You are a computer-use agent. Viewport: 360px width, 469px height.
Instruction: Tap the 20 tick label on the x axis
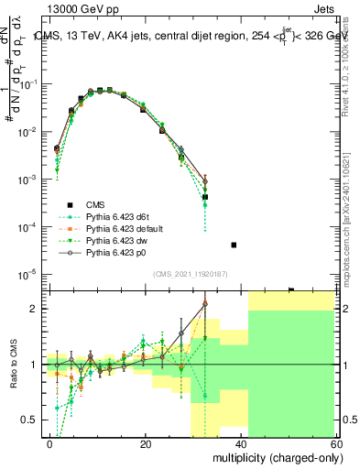pos(146,443)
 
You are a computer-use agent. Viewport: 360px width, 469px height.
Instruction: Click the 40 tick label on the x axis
pos(241,443)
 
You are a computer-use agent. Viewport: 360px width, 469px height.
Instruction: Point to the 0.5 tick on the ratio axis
pos(29,420)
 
